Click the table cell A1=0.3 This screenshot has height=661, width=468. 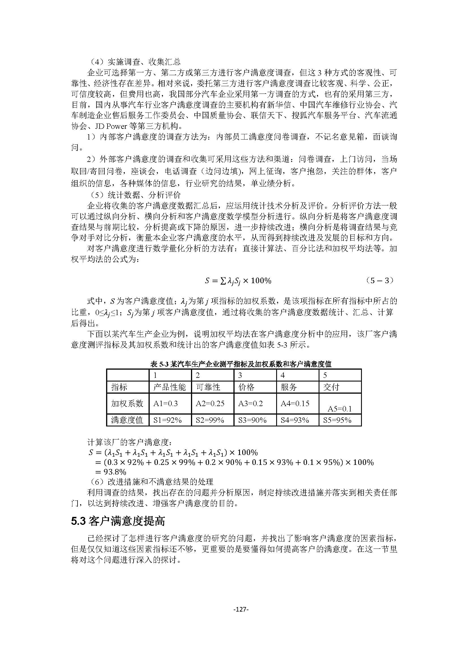166,403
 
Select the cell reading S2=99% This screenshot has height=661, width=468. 209,420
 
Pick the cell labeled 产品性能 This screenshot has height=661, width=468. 169,387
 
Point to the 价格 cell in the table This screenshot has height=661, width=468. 246,387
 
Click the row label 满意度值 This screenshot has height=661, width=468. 127,420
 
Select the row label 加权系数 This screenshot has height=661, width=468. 127,403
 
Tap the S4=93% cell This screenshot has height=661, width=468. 295,420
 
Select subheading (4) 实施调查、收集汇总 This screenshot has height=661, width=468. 134,62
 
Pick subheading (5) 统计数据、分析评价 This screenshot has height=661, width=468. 134,195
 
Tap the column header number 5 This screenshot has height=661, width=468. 325,375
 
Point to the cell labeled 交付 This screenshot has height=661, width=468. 331,387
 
